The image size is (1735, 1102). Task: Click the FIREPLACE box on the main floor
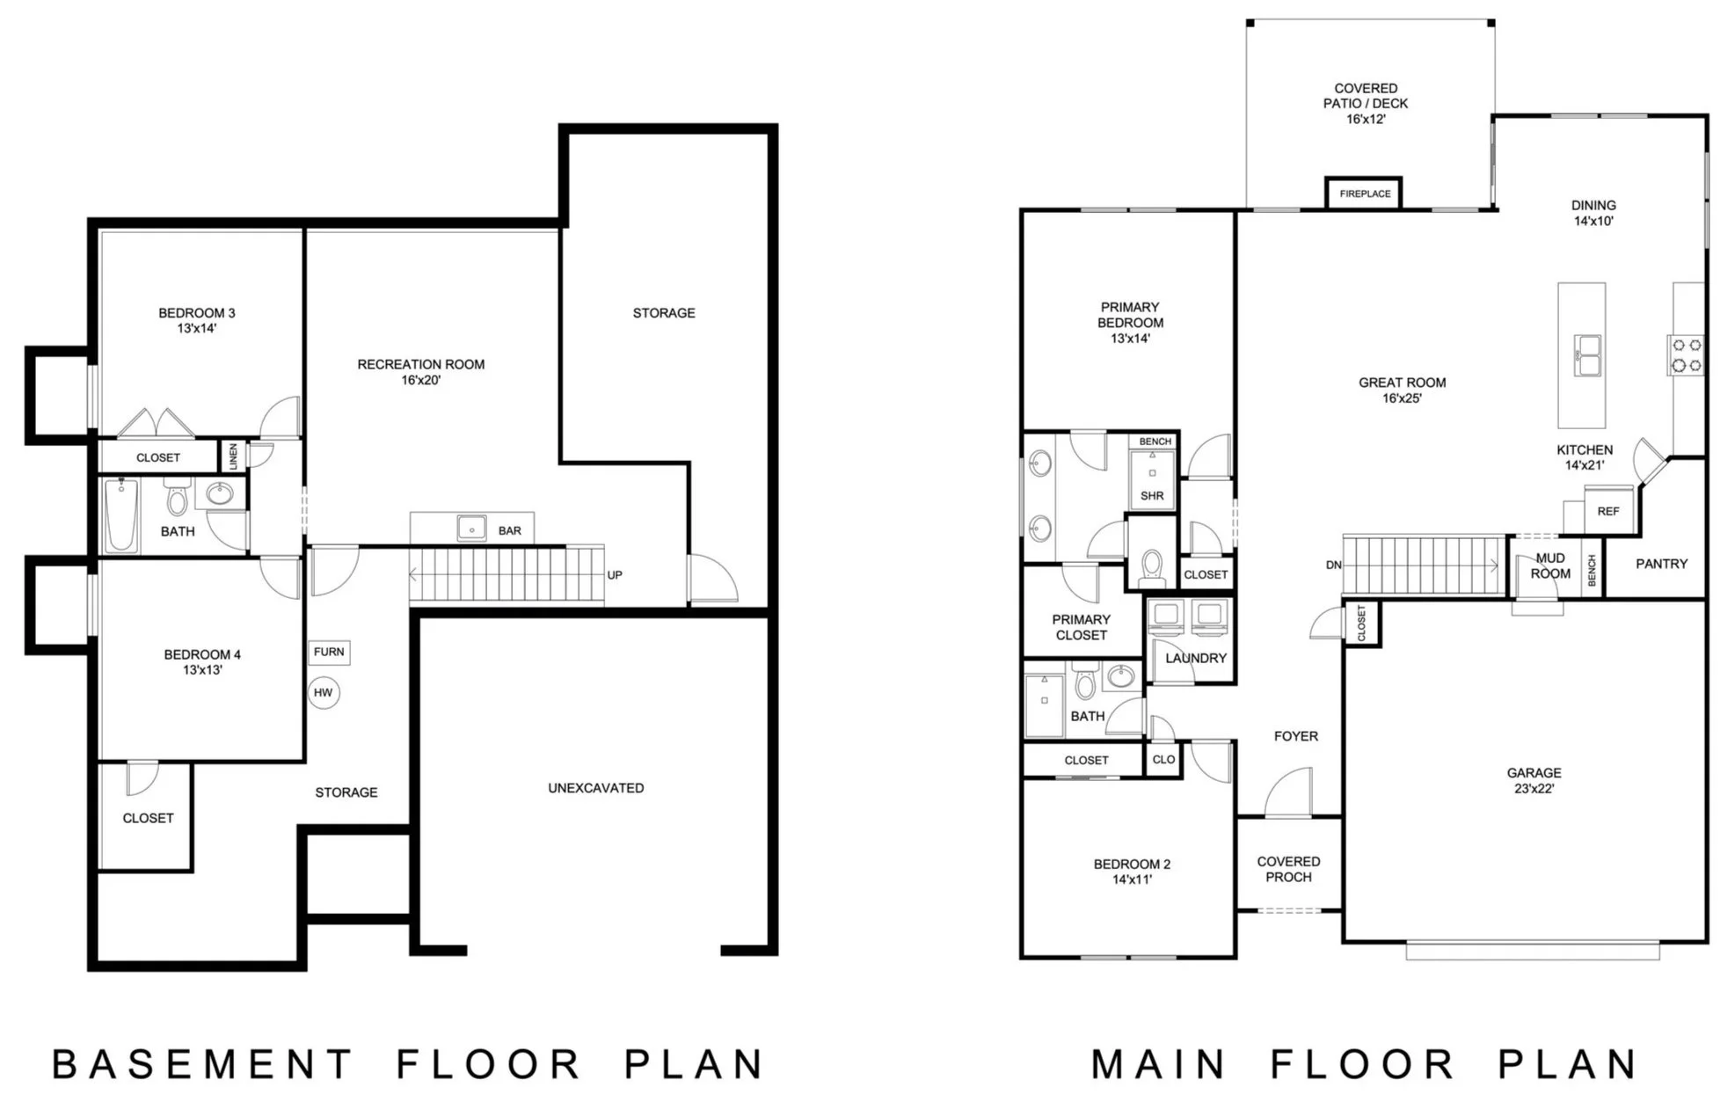(1364, 193)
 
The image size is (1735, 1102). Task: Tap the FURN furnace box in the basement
(329, 652)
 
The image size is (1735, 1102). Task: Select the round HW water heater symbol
(324, 693)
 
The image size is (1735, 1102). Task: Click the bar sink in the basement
(472, 529)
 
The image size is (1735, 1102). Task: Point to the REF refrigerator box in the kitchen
(1608, 511)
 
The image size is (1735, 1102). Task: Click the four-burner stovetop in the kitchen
(1687, 355)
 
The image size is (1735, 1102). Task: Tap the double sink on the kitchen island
(1587, 355)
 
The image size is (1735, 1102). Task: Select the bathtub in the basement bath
(121, 515)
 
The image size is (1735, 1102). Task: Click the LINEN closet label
(233, 456)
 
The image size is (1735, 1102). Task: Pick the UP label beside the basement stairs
(615, 575)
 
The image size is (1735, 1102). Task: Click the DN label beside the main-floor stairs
(1333, 565)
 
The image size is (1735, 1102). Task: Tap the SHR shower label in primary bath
(1152, 496)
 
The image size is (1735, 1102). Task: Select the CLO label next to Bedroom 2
(1163, 760)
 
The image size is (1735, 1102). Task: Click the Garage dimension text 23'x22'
(1534, 789)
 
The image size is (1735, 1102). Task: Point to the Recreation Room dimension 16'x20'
(420, 380)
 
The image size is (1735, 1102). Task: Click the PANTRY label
(1661, 564)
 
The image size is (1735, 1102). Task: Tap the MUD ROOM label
(1550, 566)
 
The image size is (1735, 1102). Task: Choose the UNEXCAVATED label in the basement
(596, 788)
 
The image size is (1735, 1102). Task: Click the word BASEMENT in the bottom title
(201, 1064)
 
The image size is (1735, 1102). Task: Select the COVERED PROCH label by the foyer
(1288, 869)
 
